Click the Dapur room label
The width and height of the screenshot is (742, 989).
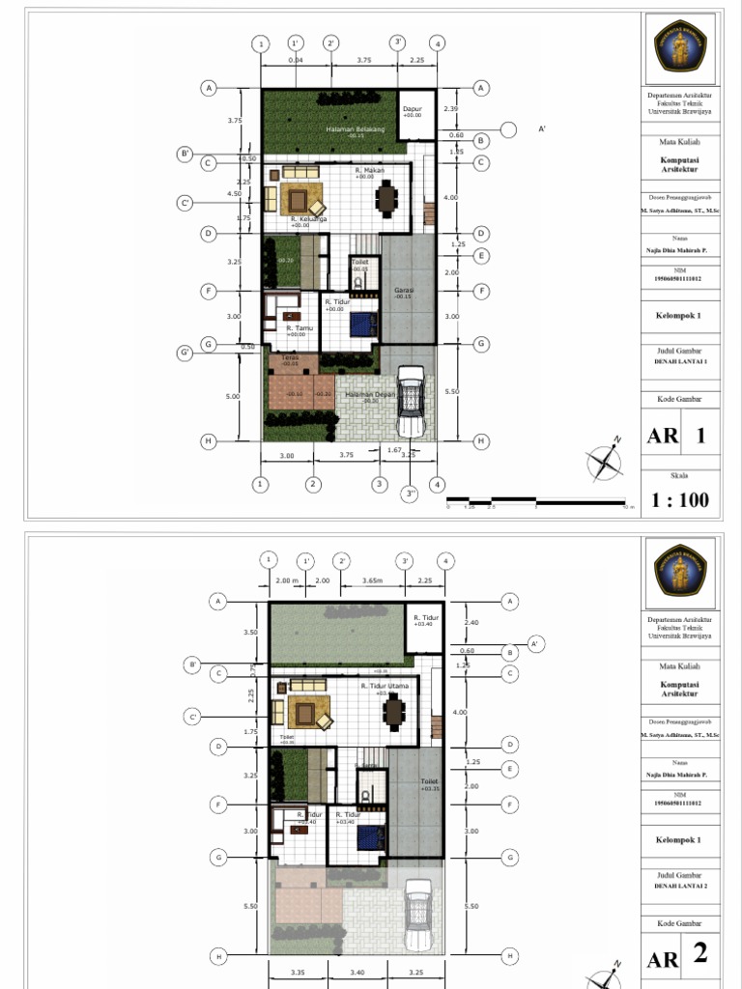coord(413,109)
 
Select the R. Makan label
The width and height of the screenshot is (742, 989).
coord(369,171)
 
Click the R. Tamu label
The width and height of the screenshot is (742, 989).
coord(300,328)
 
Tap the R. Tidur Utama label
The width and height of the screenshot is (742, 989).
coord(385,686)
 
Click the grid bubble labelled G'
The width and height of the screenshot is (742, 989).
coord(185,353)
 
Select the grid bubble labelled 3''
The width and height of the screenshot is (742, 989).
coord(411,495)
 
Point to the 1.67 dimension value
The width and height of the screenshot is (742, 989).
coord(393,450)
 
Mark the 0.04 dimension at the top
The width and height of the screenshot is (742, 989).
coord(295,61)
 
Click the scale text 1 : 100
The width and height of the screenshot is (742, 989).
coord(680,499)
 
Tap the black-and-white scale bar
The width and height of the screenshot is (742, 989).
coord(536,500)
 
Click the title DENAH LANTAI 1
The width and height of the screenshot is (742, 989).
coord(680,362)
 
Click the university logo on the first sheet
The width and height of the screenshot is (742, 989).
coord(680,44)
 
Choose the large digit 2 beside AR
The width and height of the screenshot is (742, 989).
coord(701,954)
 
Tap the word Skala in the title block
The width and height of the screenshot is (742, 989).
coord(680,475)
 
